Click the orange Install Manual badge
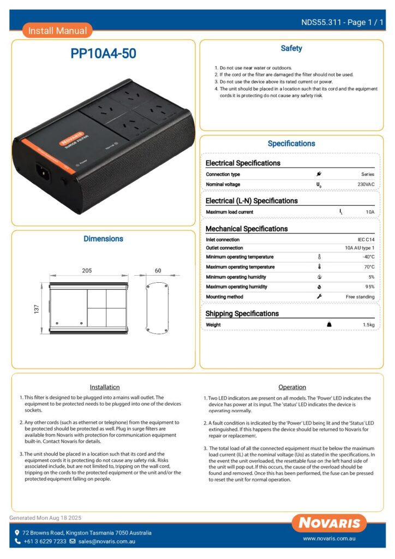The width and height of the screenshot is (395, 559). point(57,31)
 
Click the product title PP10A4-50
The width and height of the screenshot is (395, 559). point(103,53)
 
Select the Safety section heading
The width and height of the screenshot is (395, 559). point(291,49)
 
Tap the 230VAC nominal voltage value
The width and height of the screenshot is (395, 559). point(366,185)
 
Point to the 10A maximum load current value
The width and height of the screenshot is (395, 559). point(370,212)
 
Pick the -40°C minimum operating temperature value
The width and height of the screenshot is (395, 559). point(368,257)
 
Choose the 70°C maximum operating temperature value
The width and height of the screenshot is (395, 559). point(369,267)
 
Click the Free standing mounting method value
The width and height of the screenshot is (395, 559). point(360,296)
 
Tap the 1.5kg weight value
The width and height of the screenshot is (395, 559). point(369,325)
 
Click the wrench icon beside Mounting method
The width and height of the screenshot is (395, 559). point(319,296)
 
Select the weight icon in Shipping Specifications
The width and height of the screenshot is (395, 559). point(329,325)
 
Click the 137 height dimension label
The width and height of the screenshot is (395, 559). point(37,309)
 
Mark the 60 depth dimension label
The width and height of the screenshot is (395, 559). point(158,271)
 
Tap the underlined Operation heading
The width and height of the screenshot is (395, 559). point(292,387)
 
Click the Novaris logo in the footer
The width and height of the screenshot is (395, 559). point(328,523)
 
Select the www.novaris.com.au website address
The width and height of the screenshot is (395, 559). point(330,539)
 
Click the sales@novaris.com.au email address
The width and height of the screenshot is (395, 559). point(106,542)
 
